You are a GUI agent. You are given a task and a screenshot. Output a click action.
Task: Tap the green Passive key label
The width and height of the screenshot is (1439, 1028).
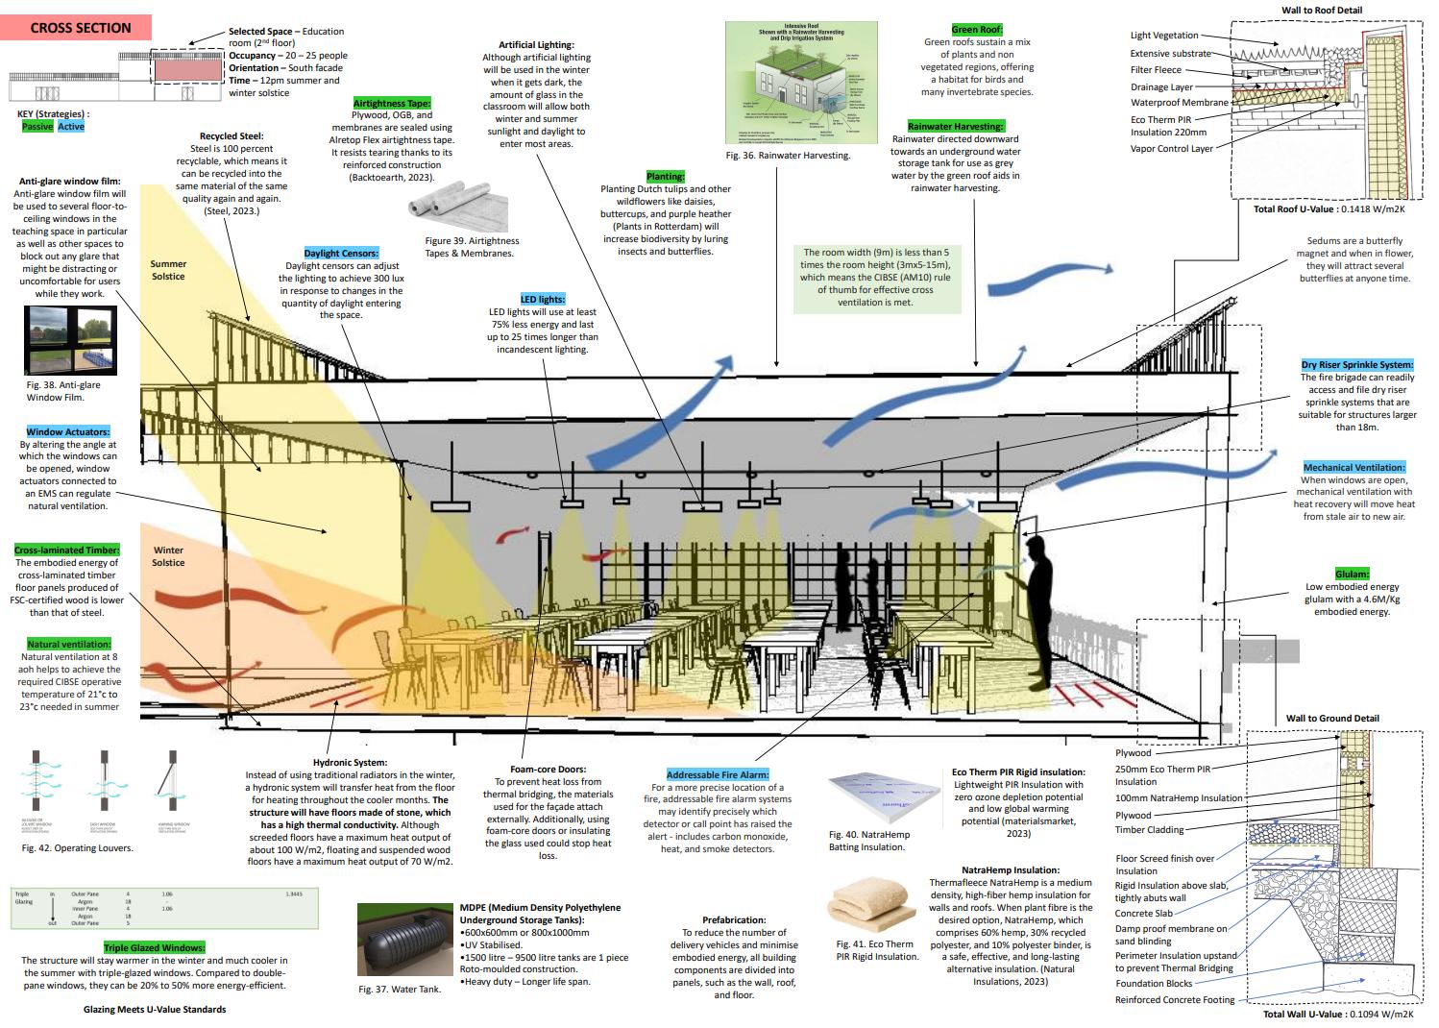[37, 126]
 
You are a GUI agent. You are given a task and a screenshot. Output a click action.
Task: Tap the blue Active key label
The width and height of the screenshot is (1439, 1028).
[71, 126]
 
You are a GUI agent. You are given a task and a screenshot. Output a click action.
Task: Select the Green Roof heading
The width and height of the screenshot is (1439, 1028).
[977, 30]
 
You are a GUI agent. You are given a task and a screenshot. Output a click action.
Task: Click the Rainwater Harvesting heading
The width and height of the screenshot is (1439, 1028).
[955, 127]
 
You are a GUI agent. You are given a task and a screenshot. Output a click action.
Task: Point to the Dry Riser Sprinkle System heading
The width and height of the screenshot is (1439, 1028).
[1356, 365]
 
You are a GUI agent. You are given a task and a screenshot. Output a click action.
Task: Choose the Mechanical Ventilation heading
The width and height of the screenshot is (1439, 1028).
[1354, 467]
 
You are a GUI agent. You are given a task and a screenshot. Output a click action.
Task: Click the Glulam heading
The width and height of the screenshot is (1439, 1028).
[1352, 574]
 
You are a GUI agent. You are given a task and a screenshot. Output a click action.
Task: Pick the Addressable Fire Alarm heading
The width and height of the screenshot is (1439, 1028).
[718, 774]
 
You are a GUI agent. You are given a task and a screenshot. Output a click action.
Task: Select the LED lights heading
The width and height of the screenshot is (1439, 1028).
[542, 299]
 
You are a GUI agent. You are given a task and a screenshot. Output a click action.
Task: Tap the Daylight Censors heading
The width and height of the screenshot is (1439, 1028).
[341, 253]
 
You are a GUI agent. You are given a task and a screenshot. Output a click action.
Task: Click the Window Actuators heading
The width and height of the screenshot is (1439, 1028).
[67, 432]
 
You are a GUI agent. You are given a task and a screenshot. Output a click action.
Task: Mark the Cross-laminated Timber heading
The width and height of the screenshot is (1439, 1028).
[66, 551]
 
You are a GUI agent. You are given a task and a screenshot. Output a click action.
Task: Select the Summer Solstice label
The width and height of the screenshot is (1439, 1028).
[168, 270]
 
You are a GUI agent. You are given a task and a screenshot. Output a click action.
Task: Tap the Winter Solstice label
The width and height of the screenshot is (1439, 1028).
[168, 556]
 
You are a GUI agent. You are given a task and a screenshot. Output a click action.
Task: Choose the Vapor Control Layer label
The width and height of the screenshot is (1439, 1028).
[1171, 149]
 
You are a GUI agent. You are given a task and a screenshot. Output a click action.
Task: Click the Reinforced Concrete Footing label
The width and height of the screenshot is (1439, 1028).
[1175, 1000]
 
